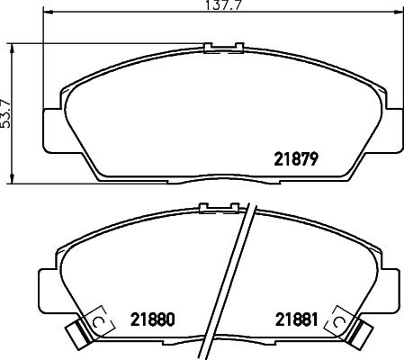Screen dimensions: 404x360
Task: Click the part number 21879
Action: click(296, 159)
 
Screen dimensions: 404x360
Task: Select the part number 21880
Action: click(152, 319)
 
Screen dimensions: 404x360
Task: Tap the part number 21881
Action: click(296, 319)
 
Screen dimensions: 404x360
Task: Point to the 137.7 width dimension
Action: click(224, 5)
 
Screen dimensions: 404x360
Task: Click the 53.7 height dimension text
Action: click(6, 114)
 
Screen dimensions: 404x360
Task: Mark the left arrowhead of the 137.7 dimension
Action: click(48, 13)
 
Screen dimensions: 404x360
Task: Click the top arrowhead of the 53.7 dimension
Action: click(12, 49)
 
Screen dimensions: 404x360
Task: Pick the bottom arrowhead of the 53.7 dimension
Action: click(12, 178)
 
